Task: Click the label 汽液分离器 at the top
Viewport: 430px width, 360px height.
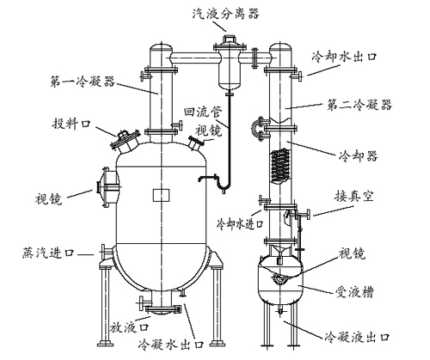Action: [x=225, y=14]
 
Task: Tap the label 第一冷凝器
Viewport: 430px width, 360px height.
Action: [x=83, y=82]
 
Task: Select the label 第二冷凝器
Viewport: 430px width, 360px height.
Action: [x=359, y=105]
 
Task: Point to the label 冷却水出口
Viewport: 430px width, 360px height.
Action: [x=345, y=56]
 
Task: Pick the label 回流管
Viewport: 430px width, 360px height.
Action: [x=203, y=112]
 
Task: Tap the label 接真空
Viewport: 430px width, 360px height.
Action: [x=354, y=197]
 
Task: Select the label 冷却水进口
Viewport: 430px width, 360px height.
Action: [x=240, y=223]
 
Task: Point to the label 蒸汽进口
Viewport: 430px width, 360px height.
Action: [x=48, y=253]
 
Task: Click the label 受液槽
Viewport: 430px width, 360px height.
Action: [x=354, y=292]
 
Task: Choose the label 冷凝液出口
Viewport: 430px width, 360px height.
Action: [x=358, y=337]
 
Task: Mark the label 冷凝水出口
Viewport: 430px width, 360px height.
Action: [x=171, y=344]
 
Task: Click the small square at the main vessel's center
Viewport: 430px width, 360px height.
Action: [x=161, y=195]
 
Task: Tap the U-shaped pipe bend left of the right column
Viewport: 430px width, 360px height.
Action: [x=255, y=129]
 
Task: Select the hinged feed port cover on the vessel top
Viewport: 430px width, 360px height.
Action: [x=125, y=139]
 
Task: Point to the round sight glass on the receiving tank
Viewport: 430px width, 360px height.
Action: [x=279, y=278]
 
